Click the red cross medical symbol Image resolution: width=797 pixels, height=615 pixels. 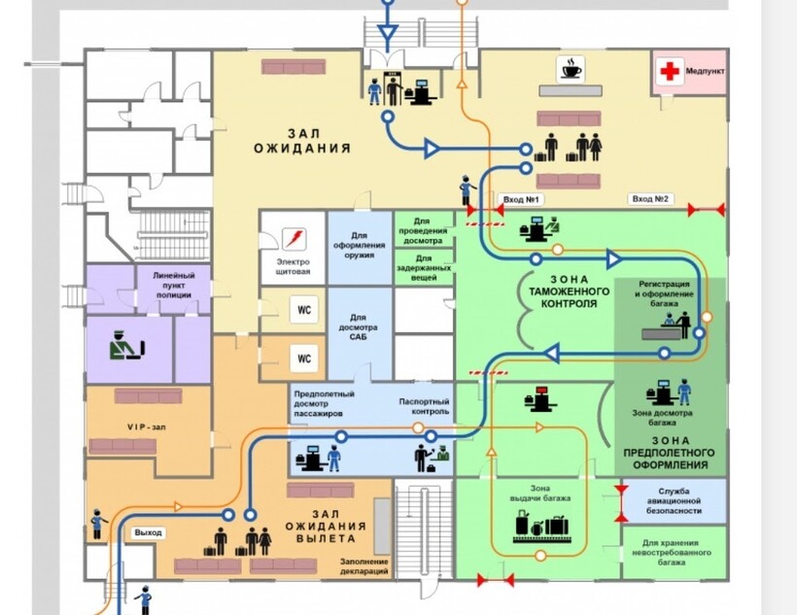tap(669, 70)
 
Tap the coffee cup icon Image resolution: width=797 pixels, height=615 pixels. tap(571, 70)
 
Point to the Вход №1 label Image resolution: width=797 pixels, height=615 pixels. tap(521, 200)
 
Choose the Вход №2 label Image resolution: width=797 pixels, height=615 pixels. tap(651, 200)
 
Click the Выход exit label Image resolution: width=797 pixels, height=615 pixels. tap(149, 533)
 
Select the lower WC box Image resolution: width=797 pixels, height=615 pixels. tap(303, 359)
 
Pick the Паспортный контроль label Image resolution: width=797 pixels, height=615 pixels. tap(424, 406)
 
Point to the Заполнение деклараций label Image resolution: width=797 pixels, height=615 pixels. tap(364, 566)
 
